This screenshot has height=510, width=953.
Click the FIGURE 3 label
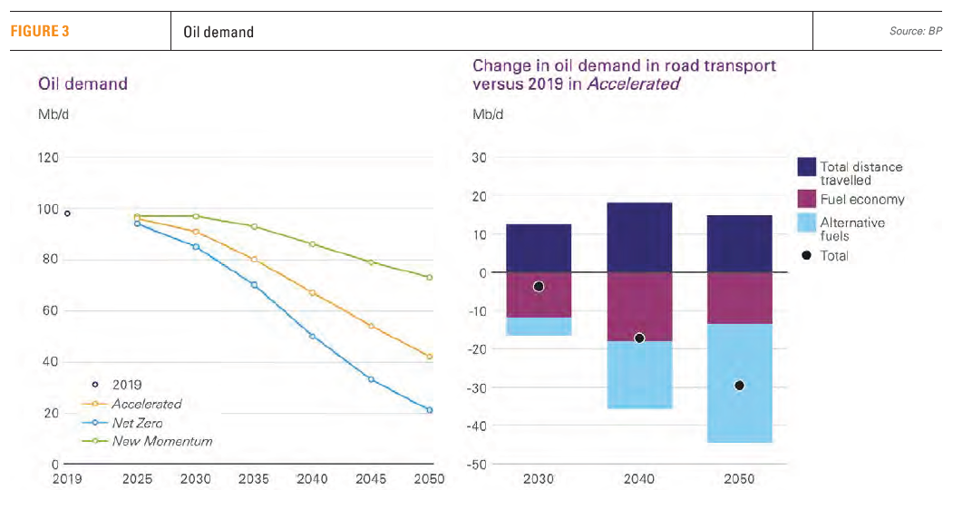(40, 31)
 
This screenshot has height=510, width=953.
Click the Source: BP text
(916, 32)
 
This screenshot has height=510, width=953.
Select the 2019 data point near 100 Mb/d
(67, 213)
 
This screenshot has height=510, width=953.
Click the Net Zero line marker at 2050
(429, 410)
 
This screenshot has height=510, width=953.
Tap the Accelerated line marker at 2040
(312, 293)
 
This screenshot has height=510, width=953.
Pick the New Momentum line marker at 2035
(254, 226)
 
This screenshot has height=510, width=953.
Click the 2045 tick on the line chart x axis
(371, 479)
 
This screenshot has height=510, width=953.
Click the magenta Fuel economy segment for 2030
(539, 295)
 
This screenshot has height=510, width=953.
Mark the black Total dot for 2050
(739, 386)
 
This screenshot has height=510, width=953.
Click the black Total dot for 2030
(539, 287)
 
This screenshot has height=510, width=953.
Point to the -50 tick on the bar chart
(477, 465)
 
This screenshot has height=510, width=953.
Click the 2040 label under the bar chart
(639, 479)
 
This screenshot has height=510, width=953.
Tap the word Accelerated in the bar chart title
(632, 84)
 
